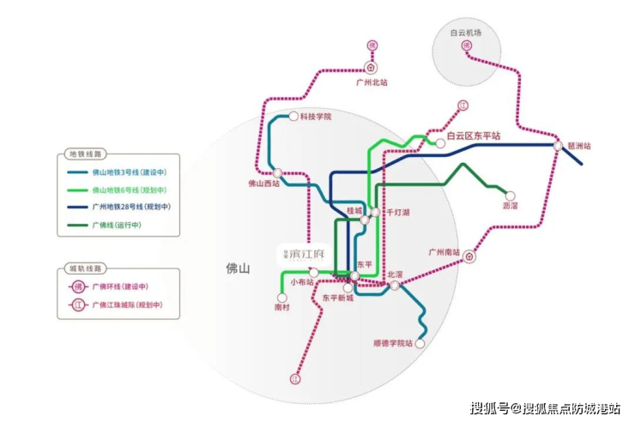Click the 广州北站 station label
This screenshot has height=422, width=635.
pyautogui.click(x=372, y=82)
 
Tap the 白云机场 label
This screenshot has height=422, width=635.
pyautogui.click(x=466, y=32)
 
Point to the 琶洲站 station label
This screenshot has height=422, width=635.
pyautogui.click(x=580, y=146)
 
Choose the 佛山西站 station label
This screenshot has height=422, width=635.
pyautogui.click(x=264, y=183)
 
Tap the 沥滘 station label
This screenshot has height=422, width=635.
pyautogui.click(x=511, y=207)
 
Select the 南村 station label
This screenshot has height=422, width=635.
pyautogui.click(x=283, y=306)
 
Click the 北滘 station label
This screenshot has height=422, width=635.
pyautogui.click(x=395, y=274)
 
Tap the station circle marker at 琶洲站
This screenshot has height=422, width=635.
pyautogui.click(x=559, y=146)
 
